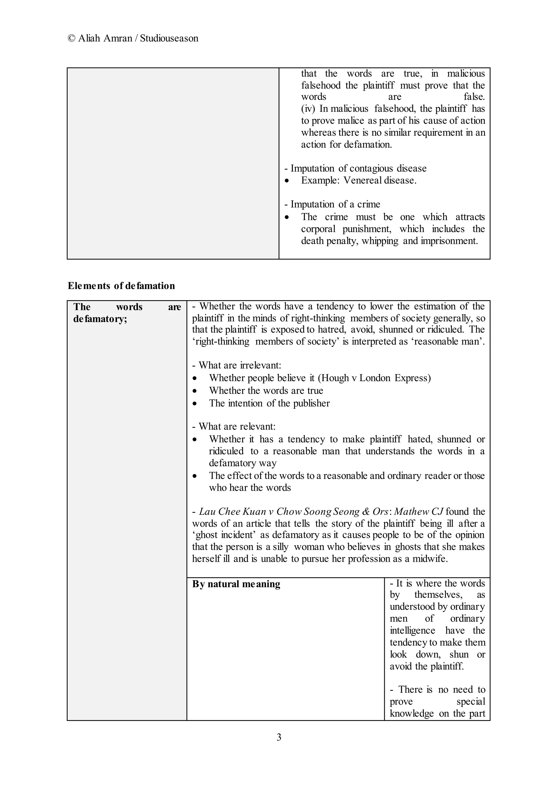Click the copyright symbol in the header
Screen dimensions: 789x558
pyautogui.click(x=72, y=38)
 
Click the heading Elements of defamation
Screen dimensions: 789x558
pyautogui.click(x=121, y=286)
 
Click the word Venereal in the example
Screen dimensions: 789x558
pyautogui.click(x=362, y=180)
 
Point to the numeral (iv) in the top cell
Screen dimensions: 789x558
pyautogui.click(x=308, y=109)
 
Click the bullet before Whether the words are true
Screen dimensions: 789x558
pyautogui.click(x=195, y=391)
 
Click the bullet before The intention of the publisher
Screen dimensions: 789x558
pyautogui.click(x=195, y=404)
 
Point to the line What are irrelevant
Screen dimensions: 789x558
pyautogui.click(x=237, y=365)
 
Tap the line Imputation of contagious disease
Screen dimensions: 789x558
pyautogui.click(x=355, y=168)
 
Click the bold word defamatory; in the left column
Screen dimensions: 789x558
pyautogui.click(x=100, y=319)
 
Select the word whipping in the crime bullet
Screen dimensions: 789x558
pyautogui.click(x=380, y=241)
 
